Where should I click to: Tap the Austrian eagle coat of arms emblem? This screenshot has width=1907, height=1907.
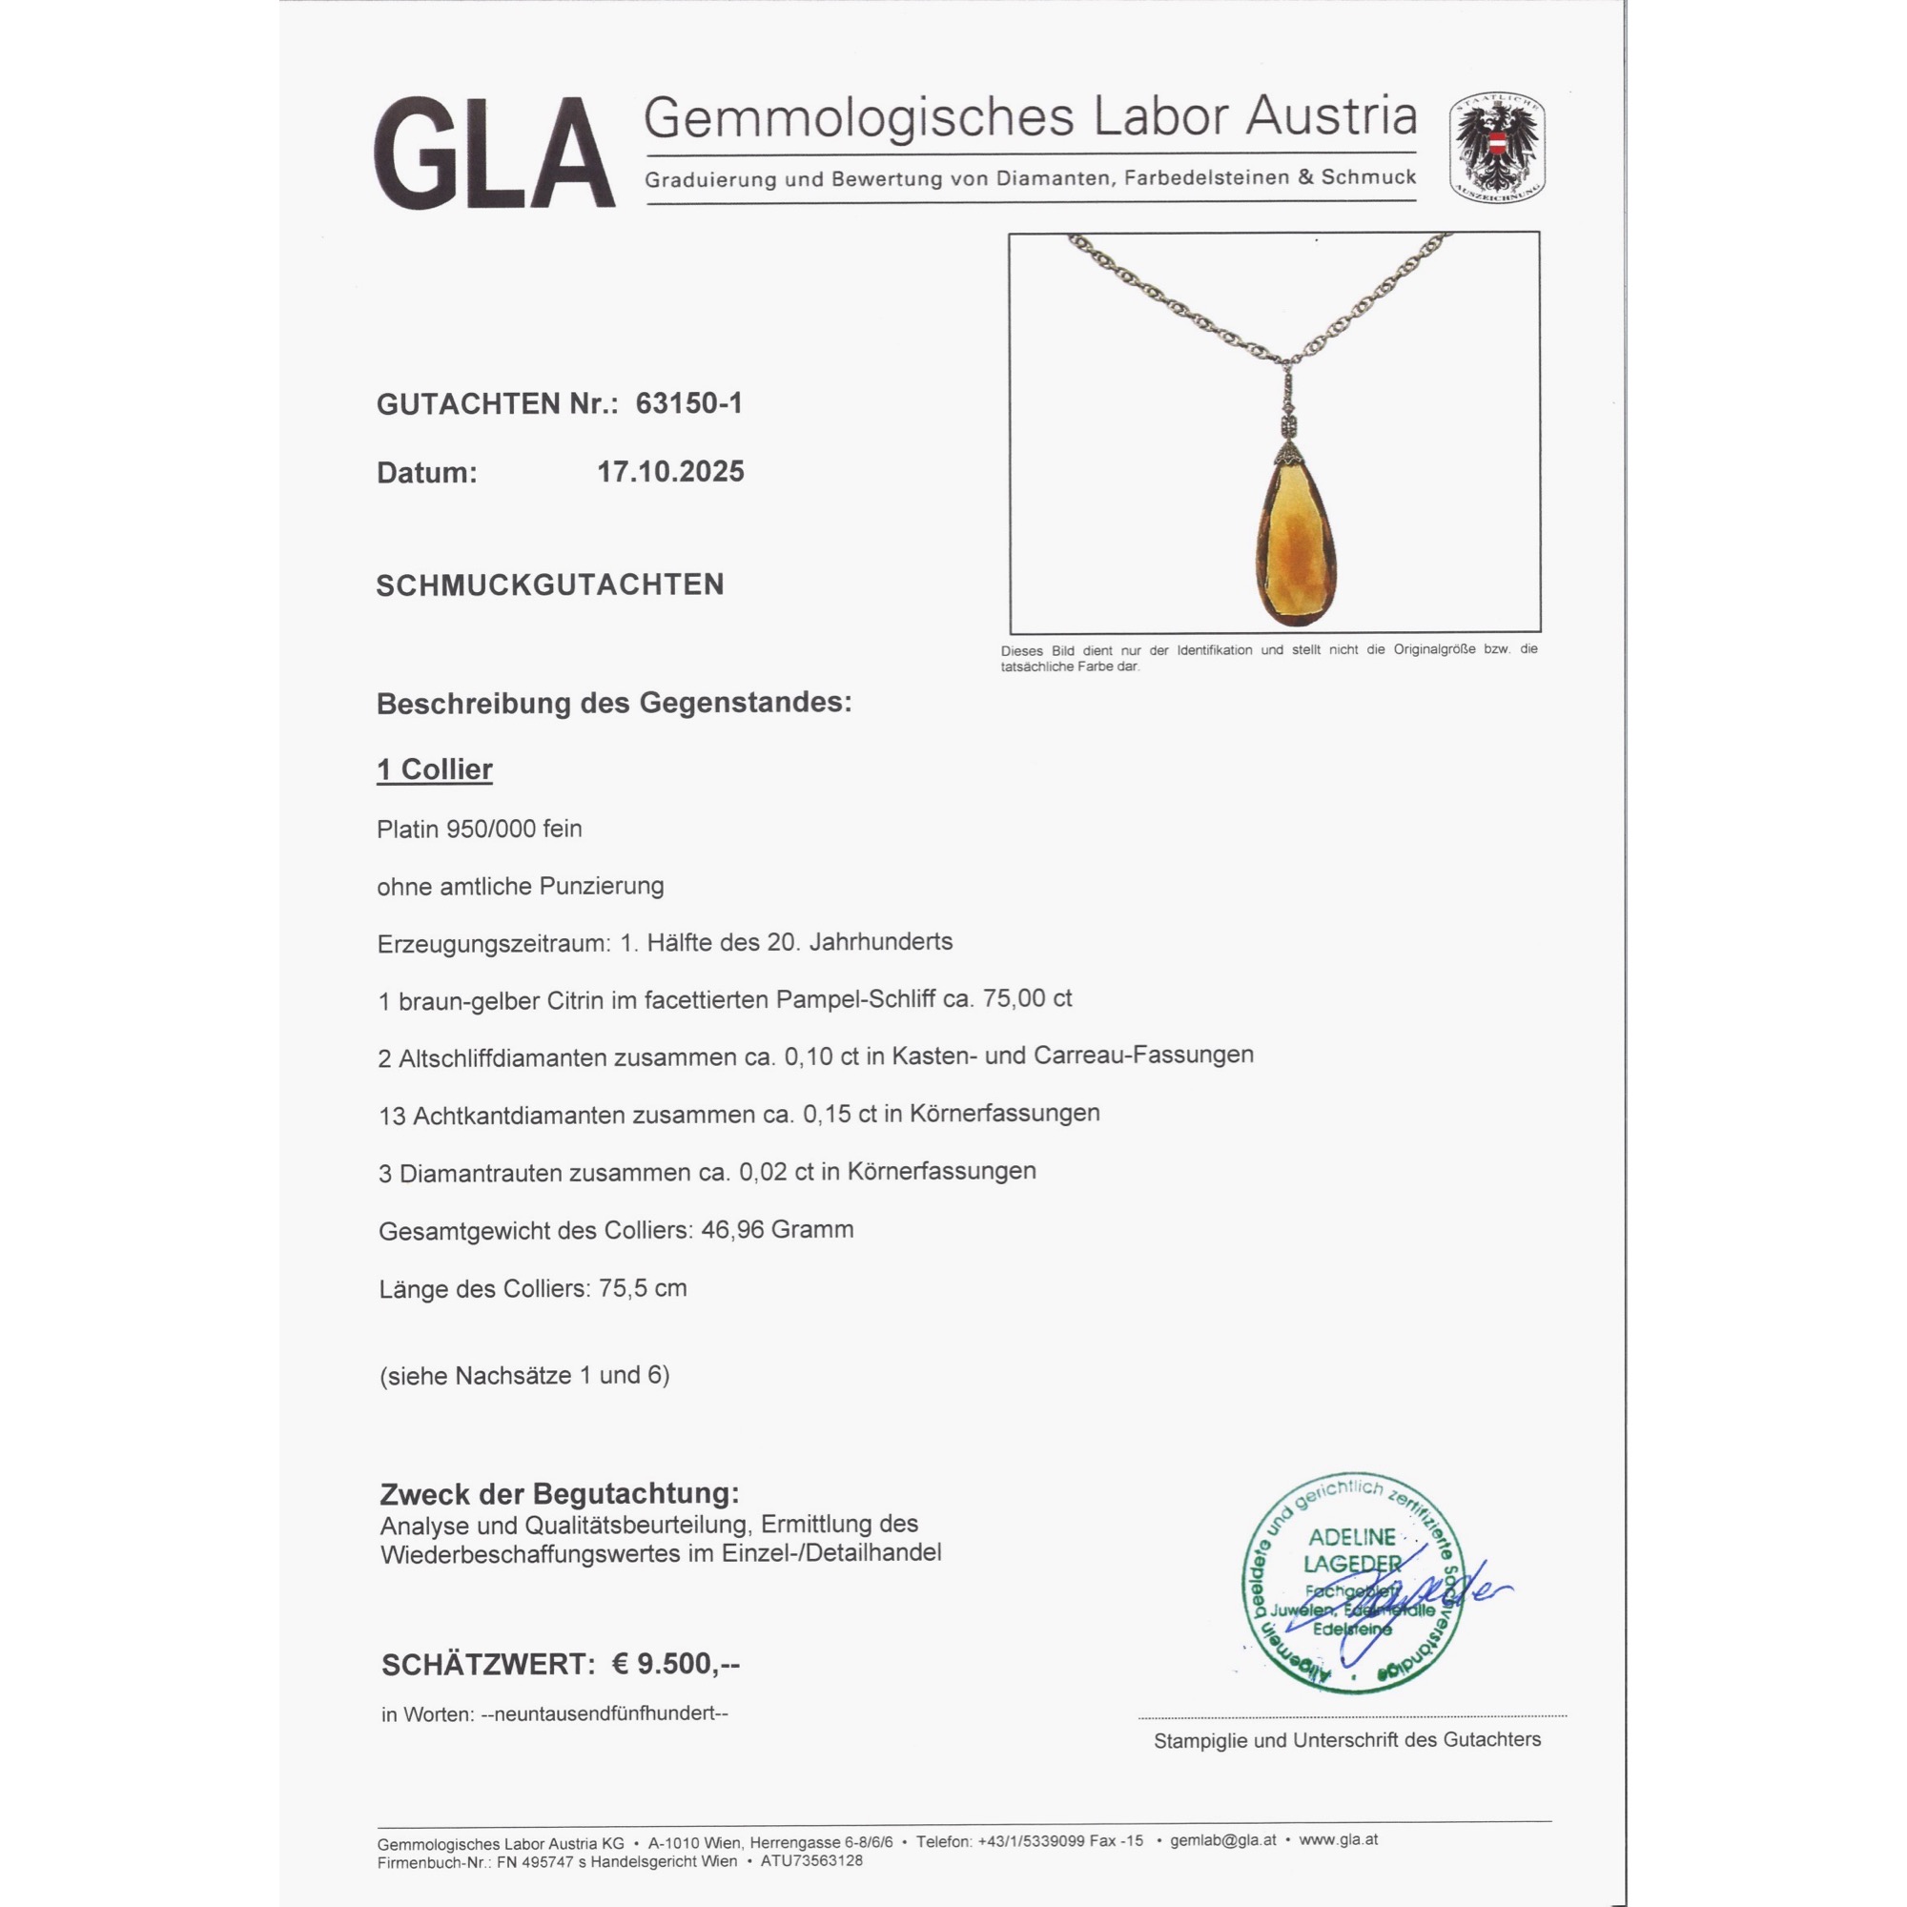1496,148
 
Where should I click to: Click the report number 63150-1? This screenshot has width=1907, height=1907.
689,403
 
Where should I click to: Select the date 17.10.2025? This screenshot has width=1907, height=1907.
670,472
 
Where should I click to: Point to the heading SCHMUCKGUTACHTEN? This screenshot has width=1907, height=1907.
550,585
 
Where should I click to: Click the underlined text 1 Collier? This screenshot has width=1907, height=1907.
434,769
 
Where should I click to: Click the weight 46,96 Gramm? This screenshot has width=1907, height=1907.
777,1230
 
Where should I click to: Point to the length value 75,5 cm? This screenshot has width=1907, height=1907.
642,1288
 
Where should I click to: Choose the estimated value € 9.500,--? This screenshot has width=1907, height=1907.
675,1664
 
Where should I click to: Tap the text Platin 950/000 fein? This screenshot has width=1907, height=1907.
479,830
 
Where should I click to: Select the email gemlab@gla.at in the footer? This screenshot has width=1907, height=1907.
1223,1840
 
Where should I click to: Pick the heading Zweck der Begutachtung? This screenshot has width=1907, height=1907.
559,1493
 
